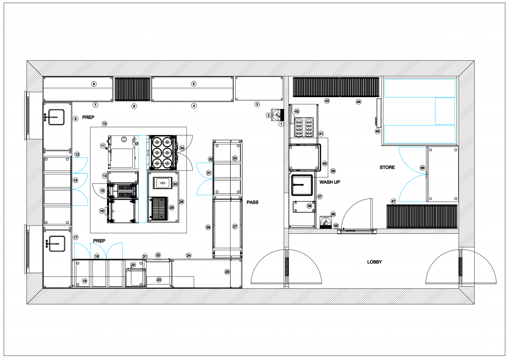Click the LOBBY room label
point(374,262)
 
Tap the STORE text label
point(387,167)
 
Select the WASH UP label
point(330,182)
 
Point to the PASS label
point(253,202)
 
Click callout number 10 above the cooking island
point(104,124)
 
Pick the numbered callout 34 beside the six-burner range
point(182,148)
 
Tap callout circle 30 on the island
point(175,184)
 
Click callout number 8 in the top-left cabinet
point(94,84)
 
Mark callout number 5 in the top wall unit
point(194,84)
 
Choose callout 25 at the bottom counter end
point(227,272)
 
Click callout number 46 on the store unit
point(422,168)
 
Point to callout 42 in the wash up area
point(297,111)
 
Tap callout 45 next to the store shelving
point(378,131)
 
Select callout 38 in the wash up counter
point(310,206)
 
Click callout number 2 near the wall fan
point(269,115)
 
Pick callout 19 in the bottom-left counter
point(85,281)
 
